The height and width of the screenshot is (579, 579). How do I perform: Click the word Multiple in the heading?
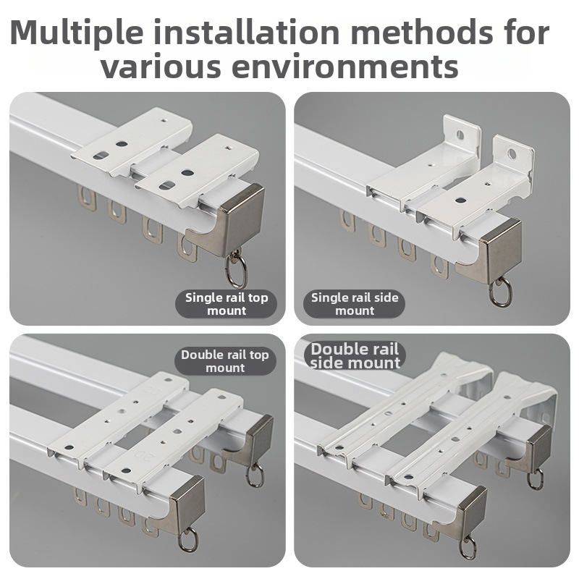point(77,33)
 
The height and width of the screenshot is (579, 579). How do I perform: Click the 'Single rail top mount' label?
point(227,304)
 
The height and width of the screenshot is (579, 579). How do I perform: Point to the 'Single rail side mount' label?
point(355,304)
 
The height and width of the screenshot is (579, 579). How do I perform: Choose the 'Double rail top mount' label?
point(225,361)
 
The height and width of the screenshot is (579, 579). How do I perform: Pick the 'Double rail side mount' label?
point(355,355)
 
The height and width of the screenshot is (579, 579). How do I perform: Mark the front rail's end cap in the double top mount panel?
point(183,507)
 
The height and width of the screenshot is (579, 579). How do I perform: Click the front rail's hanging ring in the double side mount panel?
point(468,547)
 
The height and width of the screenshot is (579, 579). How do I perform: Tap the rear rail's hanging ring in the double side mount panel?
point(536,478)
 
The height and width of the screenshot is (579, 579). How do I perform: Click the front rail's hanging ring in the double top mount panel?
point(188,540)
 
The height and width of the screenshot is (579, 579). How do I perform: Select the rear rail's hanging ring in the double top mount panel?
point(255,476)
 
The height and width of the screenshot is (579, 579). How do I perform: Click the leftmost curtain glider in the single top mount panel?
point(87,198)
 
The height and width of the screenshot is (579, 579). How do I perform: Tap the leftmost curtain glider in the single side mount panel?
point(347,221)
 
